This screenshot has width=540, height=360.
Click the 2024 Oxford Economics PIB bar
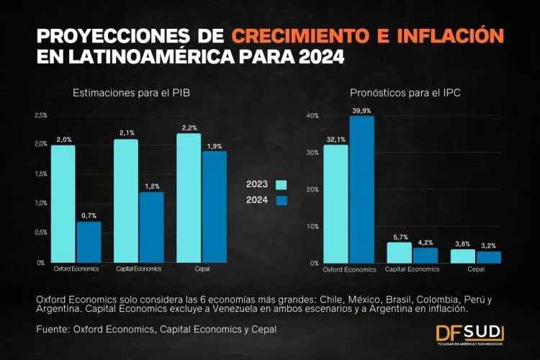[x=89, y=242]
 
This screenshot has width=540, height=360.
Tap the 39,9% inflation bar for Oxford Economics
[x=361, y=189]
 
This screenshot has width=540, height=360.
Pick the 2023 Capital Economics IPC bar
[x=400, y=253]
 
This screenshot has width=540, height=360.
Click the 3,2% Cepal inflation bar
[x=489, y=257]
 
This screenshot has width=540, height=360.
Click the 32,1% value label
[x=336, y=139]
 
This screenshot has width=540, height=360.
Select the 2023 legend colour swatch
[x=281, y=184]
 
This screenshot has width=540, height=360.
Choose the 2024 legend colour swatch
[x=281, y=200]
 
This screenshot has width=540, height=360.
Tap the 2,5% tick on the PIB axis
[x=41, y=115]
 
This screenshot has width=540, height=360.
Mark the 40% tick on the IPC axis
[x=312, y=116]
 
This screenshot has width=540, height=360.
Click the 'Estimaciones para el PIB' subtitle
[x=131, y=93]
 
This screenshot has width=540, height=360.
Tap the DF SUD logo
[x=469, y=333]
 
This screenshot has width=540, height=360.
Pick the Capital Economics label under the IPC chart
[x=413, y=269]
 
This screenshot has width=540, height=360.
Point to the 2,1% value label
[x=126, y=133]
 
